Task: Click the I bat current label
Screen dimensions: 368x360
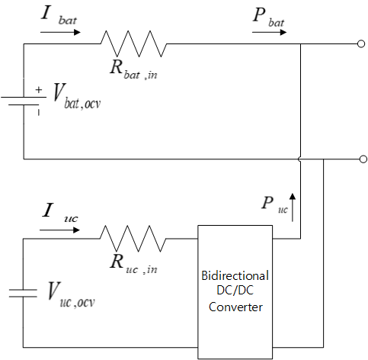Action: [x=59, y=16]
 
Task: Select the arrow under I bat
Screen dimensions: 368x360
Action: [x=60, y=32]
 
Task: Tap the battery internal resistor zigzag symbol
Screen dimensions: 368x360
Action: [x=134, y=43]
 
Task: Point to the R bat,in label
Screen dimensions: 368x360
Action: [x=133, y=70]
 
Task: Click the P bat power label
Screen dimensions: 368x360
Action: [x=268, y=17]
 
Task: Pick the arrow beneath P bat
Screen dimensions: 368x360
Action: [x=269, y=32]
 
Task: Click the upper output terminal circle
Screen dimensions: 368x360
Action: [x=361, y=43]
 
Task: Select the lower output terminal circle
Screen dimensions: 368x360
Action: [x=363, y=159]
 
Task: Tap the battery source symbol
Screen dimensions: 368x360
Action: [x=24, y=101]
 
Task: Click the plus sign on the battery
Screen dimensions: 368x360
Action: [x=38, y=89]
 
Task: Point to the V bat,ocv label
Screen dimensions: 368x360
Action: [x=77, y=97]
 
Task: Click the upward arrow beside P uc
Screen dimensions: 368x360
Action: [x=293, y=207]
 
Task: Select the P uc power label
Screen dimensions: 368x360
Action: [x=274, y=205]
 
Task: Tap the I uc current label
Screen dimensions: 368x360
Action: [x=60, y=214]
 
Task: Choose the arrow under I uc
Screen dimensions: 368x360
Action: [x=59, y=230]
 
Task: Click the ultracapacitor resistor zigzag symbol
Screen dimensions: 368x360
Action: [x=133, y=239]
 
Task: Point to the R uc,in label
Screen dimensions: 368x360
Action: [x=133, y=265]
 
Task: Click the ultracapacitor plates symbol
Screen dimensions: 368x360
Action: [x=23, y=293]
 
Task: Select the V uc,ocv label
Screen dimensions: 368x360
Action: [x=71, y=294]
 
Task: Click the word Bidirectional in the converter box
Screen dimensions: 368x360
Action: [x=235, y=276]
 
